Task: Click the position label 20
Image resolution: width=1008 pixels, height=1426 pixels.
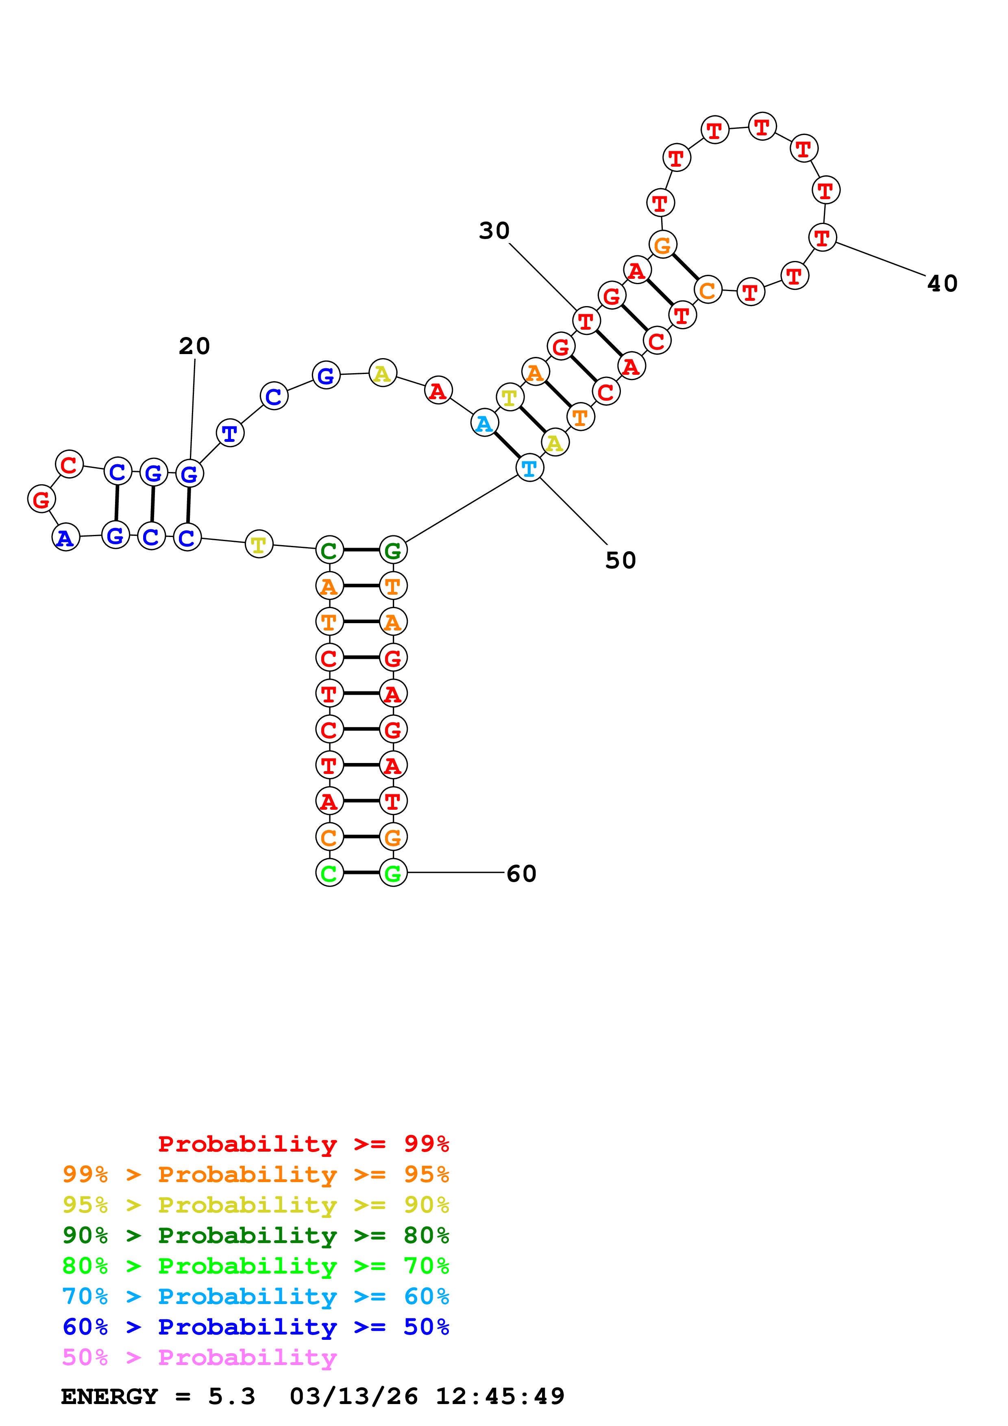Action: (194, 346)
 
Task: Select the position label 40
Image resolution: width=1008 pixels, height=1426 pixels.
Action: (942, 284)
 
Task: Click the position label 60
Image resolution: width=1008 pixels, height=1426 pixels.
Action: (521, 874)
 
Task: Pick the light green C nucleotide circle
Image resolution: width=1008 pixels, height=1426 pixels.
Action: (329, 873)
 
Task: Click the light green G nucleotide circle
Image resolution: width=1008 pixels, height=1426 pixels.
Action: (392, 873)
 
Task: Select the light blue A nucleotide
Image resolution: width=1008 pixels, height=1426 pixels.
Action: (484, 424)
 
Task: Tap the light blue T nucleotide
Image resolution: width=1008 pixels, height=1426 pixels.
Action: (529, 468)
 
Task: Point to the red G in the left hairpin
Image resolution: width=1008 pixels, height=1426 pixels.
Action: (41, 499)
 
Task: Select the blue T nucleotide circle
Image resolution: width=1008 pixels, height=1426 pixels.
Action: (230, 433)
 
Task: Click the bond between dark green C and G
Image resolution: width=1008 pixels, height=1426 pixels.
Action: (361, 550)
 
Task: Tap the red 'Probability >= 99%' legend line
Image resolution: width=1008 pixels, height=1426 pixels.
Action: (303, 1143)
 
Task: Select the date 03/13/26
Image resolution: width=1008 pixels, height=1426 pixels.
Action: (353, 1396)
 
